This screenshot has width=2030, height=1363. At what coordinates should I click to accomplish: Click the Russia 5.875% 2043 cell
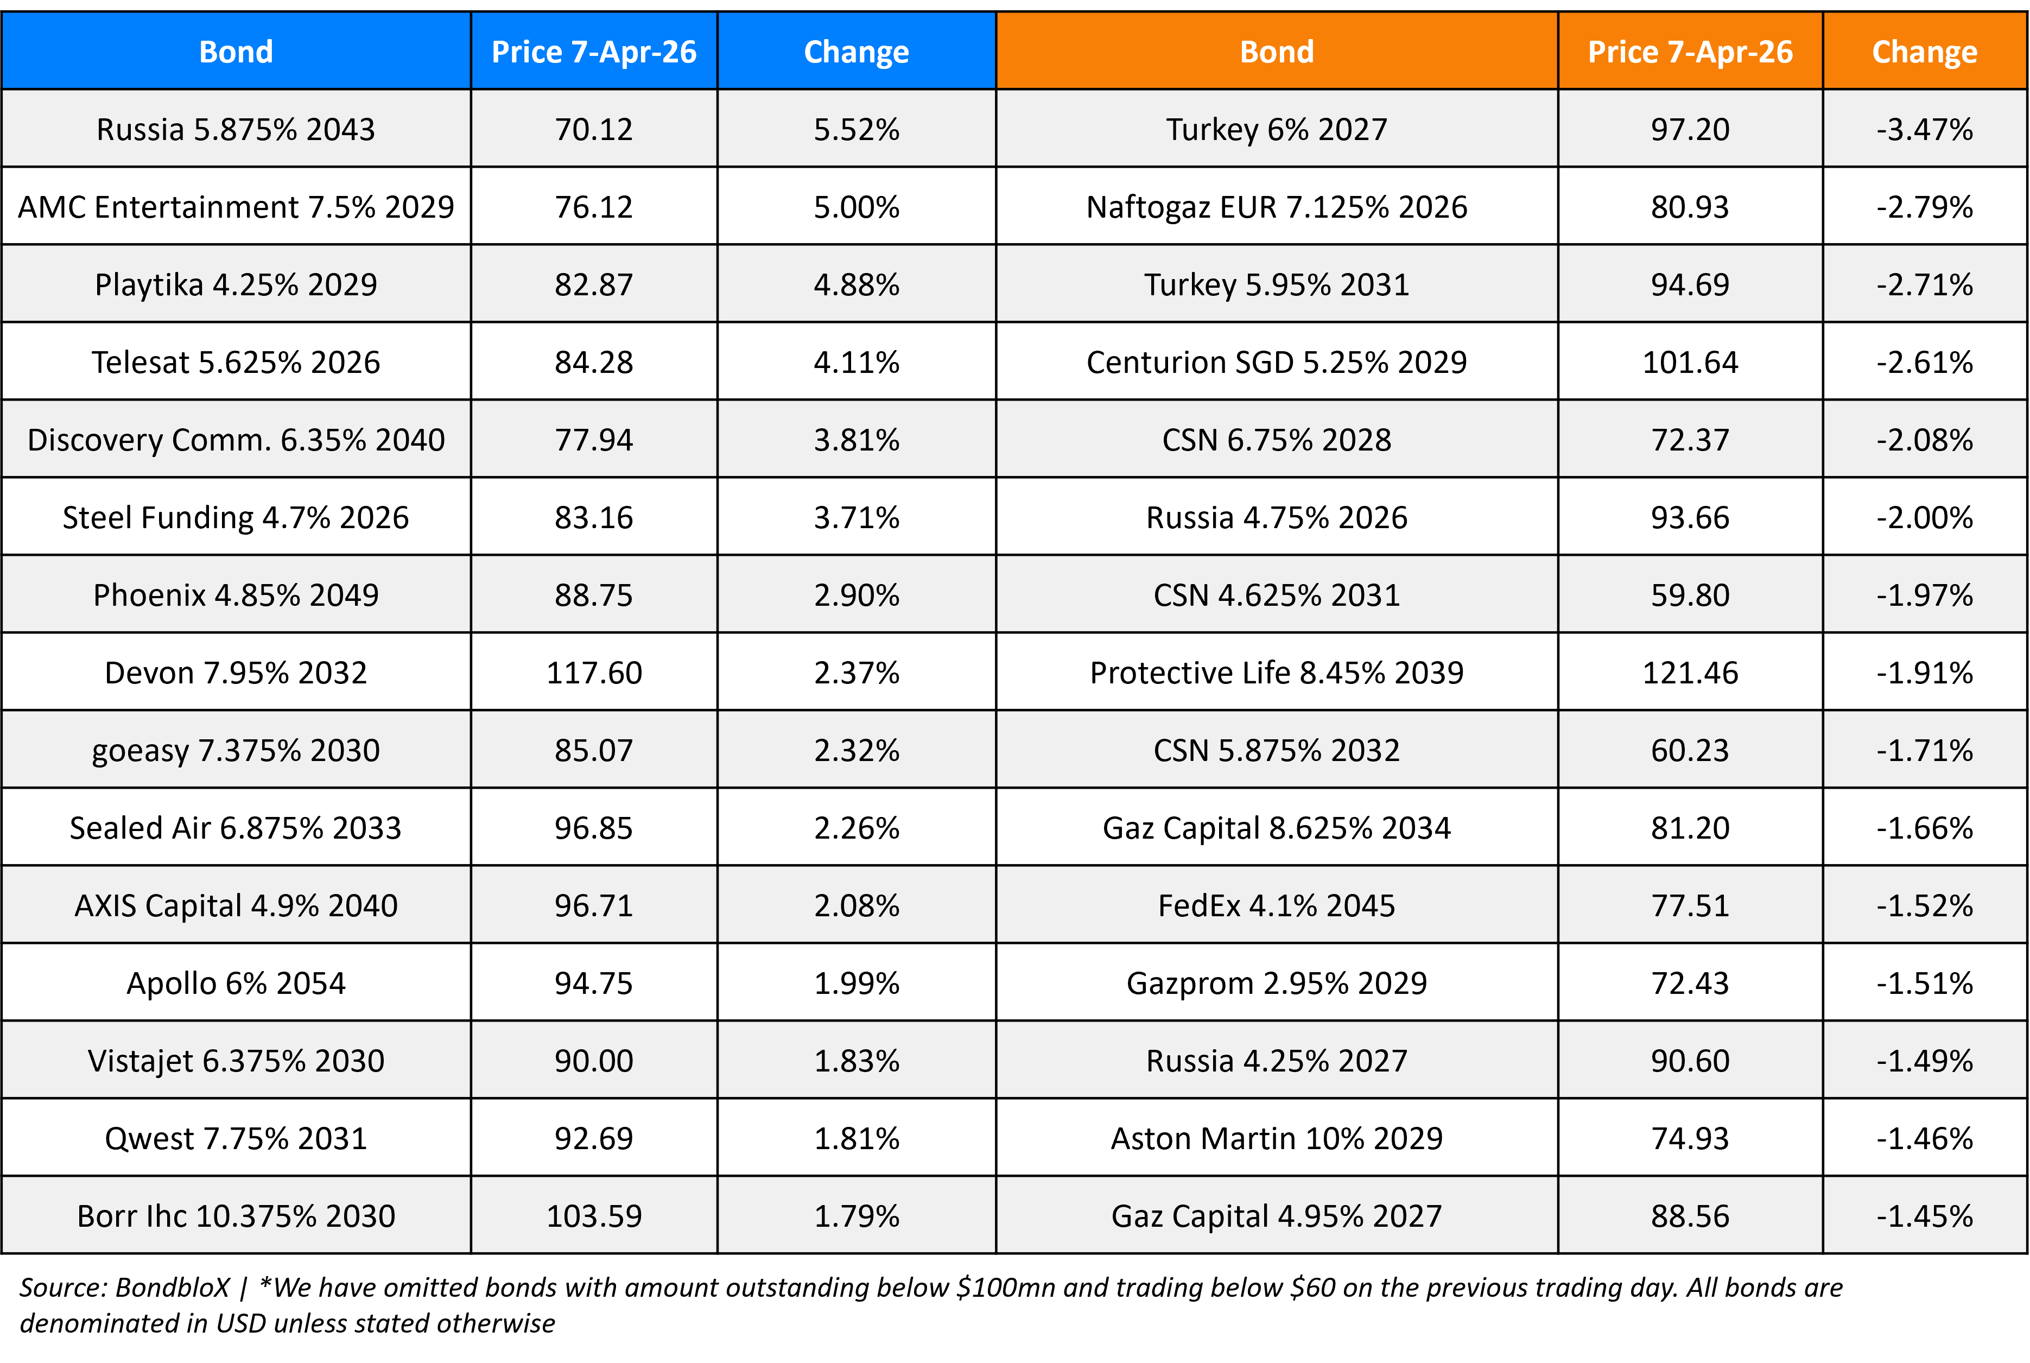click(236, 130)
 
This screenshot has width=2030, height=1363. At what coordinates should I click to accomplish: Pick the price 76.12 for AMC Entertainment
click(594, 207)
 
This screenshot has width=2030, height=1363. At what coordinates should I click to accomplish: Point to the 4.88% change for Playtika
click(856, 284)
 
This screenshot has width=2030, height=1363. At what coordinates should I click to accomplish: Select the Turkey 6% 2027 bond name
click(1276, 130)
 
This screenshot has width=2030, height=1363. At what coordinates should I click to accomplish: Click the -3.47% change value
click(1924, 130)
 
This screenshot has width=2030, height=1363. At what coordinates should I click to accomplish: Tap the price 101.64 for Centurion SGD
click(1689, 362)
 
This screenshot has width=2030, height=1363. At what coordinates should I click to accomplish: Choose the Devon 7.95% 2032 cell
click(236, 673)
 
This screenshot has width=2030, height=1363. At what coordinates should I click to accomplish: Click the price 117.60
click(594, 673)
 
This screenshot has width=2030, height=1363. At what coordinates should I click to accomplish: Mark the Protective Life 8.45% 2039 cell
click(1276, 673)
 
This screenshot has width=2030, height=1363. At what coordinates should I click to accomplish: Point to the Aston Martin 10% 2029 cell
click(1276, 1138)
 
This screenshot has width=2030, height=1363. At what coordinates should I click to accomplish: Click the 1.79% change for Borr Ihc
click(856, 1215)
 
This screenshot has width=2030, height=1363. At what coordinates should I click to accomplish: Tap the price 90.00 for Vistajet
click(594, 1061)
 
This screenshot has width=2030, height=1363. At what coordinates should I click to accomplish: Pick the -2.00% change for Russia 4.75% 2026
click(1924, 517)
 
